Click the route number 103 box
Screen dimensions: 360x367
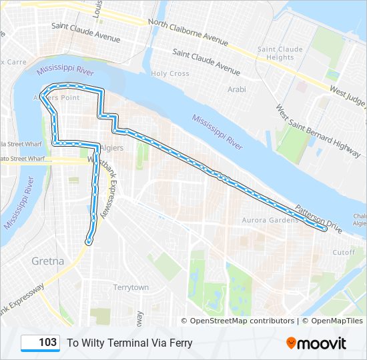41,343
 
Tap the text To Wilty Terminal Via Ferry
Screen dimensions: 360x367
129,343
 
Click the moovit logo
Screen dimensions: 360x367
316,343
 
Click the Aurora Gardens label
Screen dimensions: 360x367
270,220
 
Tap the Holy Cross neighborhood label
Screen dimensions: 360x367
170,74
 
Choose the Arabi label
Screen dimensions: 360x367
236,89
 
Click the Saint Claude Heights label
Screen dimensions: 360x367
280,53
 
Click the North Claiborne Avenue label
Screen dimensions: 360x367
188,32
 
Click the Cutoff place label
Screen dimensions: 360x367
344,253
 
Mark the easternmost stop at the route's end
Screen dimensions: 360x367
324,229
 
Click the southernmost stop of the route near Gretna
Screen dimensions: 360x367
89,242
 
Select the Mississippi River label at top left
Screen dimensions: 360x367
65,69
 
